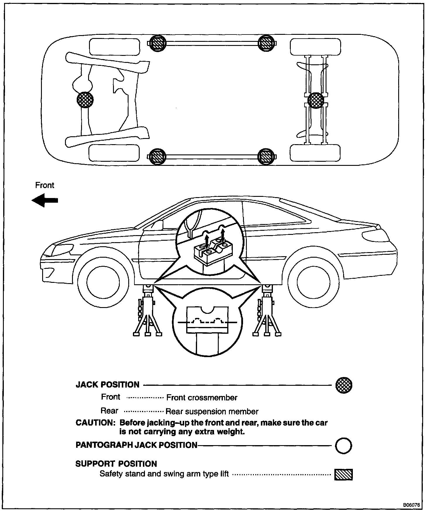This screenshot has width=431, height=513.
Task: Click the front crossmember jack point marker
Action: click(x=85, y=100)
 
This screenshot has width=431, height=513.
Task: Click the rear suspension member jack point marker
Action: click(x=316, y=100)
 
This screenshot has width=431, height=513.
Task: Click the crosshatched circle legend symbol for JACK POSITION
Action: click(x=344, y=385)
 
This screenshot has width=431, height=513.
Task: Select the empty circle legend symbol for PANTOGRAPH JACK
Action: click(x=343, y=446)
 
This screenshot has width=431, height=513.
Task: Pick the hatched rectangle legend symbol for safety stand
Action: click(x=343, y=474)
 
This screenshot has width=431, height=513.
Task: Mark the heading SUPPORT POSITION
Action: click(x=116, y=464)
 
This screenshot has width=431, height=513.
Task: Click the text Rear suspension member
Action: click(x=212, y=412)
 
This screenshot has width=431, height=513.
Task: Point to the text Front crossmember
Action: click(x=202, y=397)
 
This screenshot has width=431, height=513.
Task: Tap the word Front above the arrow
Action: click(x=45, y=185)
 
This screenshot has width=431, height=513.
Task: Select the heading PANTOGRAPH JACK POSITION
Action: click(x=136, y=445)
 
